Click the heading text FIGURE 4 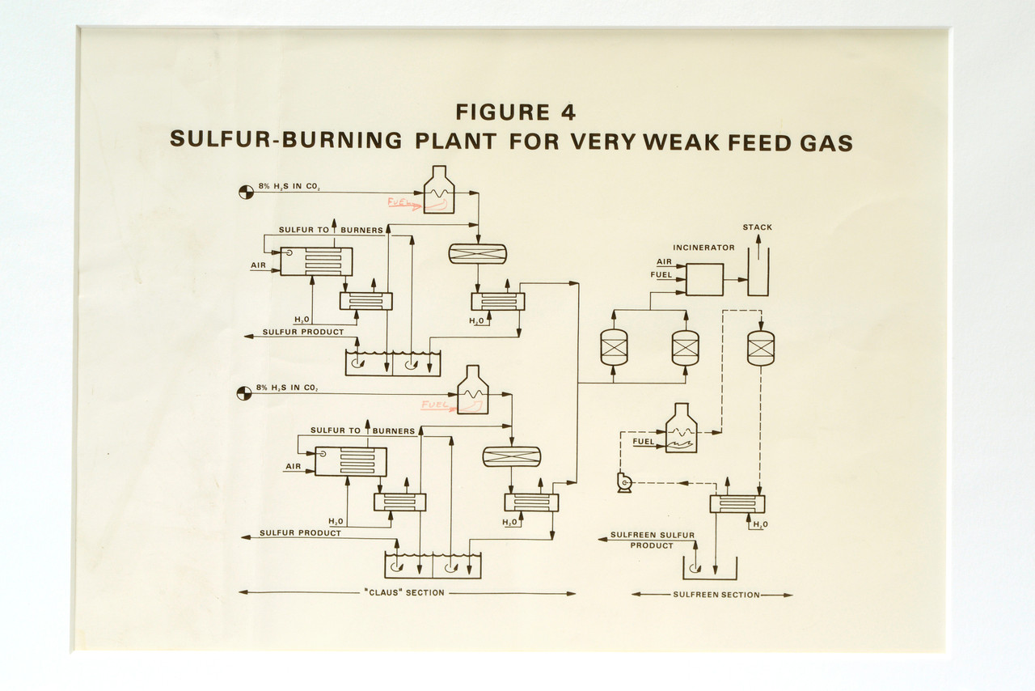pyautogui.click(x=515, y=112)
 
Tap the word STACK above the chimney pyautogui.click(x=758, y=227)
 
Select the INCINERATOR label pyautogui.click(x=703, y=248)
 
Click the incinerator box pyautogui.click(x=704, y=279)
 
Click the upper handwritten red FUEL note pyautogui.click(x=402, y=203)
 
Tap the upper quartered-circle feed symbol pyautogui.click(x=243, y=192)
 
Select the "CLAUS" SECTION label pyautogui.click(x=403, y=593)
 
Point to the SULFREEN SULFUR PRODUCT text pyautogui.click(x=652, y=540)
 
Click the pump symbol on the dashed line pyautogui.click(x=623, y=483)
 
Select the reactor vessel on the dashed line pyautogui.click(x=761, y=347)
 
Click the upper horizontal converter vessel pyautogui.click(x=477, y=253)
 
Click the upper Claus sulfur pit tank pyautogui.click(x=393, y=363)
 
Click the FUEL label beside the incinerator pyautogui.click(x=661, y=276)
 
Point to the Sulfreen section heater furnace pyautogui.click(x=681, y=429)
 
